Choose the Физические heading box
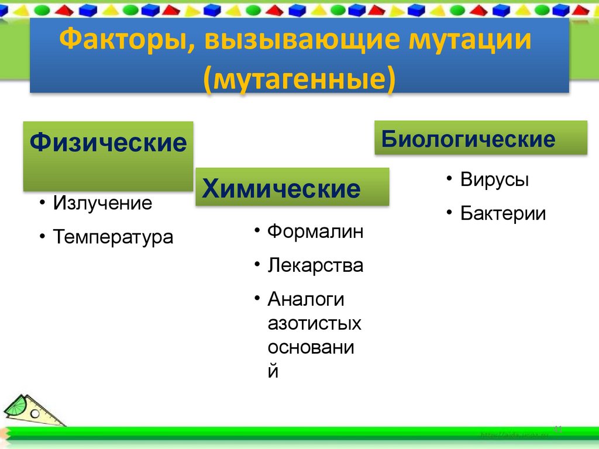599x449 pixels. [108, 156]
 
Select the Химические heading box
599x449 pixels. [292, 187]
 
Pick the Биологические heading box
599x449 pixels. [480, 138]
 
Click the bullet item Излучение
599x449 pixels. [102, 203]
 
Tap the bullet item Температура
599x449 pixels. [113, 237]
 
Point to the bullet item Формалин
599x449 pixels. [315, 232]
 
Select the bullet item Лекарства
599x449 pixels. [315, 265]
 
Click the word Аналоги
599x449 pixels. [306, 299]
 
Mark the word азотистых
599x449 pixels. [314, 323]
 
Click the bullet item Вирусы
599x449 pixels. [494, 179]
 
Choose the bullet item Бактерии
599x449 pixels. [502, 213]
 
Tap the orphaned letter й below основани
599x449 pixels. [273, 371]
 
